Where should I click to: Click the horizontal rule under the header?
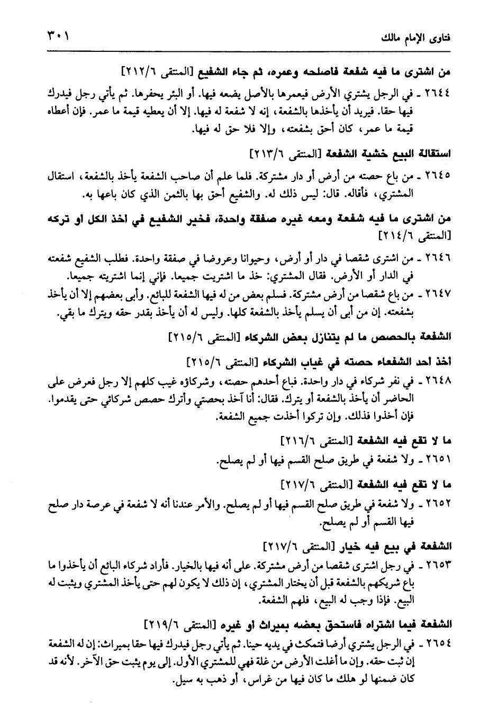pos(249,51)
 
